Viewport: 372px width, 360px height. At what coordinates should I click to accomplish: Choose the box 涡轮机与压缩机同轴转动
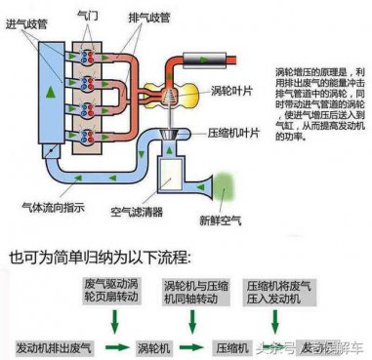coord(193,291)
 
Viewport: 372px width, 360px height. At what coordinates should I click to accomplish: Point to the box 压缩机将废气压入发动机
coord(278,291)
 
